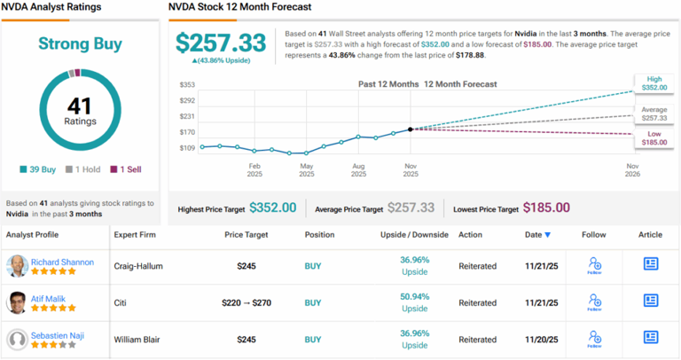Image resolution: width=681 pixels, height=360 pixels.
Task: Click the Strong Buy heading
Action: click(x=79, y=43)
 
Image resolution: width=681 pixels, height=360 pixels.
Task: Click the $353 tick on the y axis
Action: click(x=187, y=85)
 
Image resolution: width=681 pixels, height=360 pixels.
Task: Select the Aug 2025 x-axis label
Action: click(x=358, y=169)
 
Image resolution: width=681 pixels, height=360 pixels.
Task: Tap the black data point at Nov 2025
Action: click(x=411, y=129)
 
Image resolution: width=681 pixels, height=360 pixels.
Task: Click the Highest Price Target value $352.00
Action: click(x=272, y=207)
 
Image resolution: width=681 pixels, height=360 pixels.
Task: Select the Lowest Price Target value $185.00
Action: click(x=547, y=207)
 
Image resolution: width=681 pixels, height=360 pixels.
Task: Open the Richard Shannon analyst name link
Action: click(x=62, y=262)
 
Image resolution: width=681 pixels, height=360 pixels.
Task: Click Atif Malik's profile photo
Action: click(x=17, y=302)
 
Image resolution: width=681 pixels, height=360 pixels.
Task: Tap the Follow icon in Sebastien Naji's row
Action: click(x=594, y=338)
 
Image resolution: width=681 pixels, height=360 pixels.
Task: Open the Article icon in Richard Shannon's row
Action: click(x=650, y=264)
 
